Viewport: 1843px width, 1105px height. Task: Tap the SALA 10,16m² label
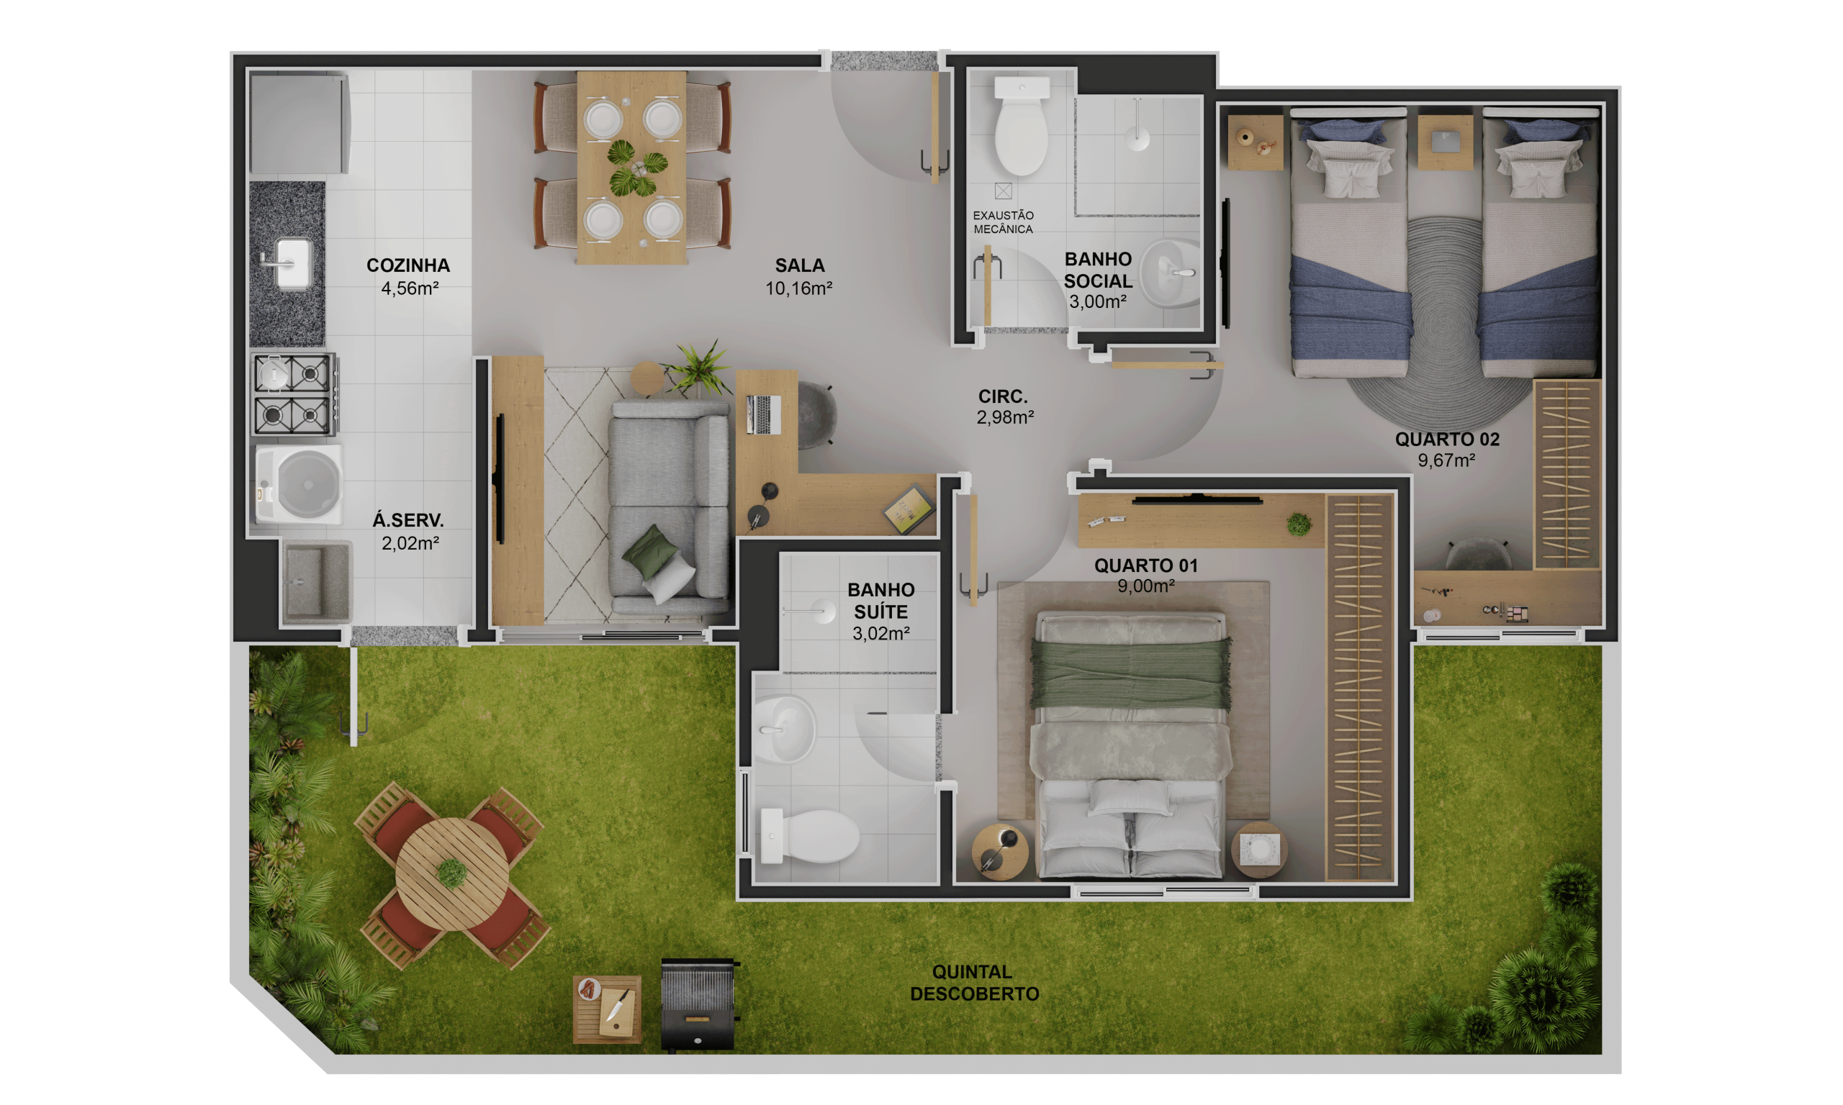coord(799,276)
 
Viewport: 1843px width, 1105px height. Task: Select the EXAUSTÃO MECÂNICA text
coord(1003,222)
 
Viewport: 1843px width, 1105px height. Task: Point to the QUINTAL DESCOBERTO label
coord(973,982)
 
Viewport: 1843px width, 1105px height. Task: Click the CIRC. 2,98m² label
coord(1005,406)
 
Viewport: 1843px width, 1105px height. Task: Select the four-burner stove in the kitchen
coord(294,395)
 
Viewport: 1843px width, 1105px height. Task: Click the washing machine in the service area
coord(299,484)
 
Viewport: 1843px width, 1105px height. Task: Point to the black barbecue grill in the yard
coord(698,1004)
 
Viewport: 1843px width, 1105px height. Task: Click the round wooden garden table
coord(452,873)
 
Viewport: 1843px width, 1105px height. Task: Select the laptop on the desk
coord(763,414)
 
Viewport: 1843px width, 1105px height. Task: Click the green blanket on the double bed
coord(1130,673)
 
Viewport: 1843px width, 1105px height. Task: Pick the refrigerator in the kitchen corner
coord(299,124)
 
